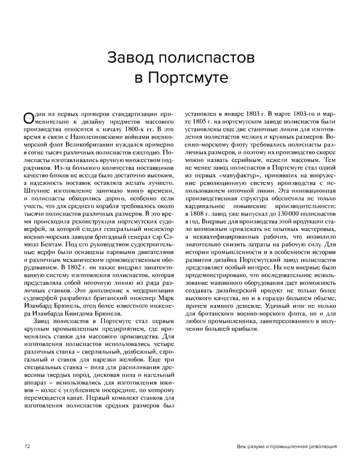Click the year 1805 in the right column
[x=201, y=122]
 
